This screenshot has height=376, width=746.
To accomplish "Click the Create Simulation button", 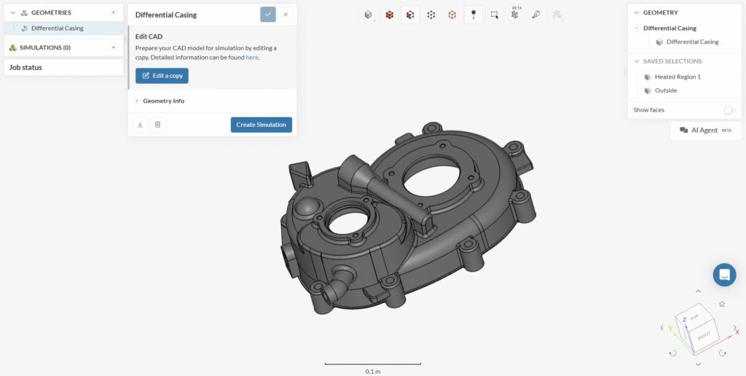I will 261,125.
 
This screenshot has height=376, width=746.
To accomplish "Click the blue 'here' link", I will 251,57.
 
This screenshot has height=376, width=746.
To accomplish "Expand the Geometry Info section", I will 163,101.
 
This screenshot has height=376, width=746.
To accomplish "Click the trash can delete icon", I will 157,125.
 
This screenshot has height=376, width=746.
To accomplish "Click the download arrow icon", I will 140,125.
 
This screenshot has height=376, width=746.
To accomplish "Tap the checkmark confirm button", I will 268,15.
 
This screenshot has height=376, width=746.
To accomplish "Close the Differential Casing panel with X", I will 286,15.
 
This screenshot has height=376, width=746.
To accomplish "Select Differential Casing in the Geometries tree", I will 57,28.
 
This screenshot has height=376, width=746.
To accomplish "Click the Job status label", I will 25,67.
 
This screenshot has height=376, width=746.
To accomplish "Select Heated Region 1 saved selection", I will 678,77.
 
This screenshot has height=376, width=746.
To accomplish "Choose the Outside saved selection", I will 665,90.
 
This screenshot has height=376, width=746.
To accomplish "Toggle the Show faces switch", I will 729,110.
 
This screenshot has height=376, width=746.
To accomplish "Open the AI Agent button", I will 705,130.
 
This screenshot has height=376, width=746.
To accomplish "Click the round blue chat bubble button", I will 724,275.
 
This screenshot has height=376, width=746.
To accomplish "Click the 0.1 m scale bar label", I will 372,371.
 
